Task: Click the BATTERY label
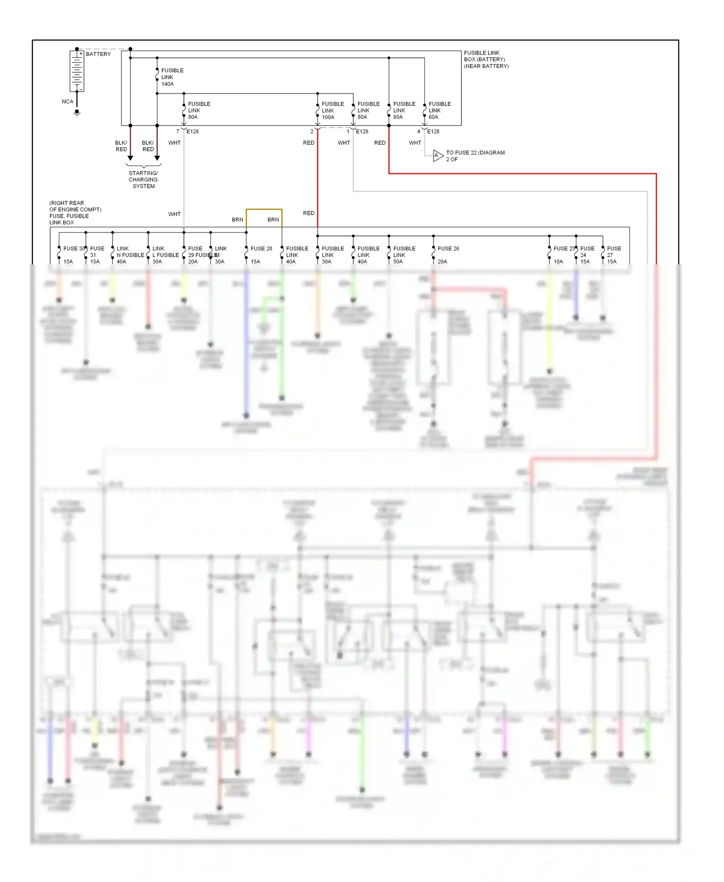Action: pyautogui.click(x=98, y=54)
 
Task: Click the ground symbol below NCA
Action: pyautogui.click(x=77, y=113)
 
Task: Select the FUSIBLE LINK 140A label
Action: pyautogui.click(x=172, y=77)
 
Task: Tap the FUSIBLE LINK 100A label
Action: pyautogui.click(x=333, y=110)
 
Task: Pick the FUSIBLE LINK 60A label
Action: pyautogui.click(x=439, y=110)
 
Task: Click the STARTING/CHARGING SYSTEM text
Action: pyautogui.click(x=143, y=179)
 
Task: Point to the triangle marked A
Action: pyautogui.click(x=437, y=156)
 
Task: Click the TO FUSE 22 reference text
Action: pyautogui.click(x=475, y=156)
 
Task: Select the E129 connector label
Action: pyautogui.click(x=362, y=131)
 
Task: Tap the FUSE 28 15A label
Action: pyautogui.click(x=261, y=254)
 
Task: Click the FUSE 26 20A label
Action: pyautogui.click(x=448, y=254)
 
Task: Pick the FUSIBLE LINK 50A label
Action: pyautogui.click(x=404, y=255)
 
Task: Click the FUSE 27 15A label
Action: pyautogui.click(x=613, y=255)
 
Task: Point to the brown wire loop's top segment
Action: pyautogui.click(x=264, y=209)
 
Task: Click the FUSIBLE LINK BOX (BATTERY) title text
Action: pyautogui.click(x=486, y=59)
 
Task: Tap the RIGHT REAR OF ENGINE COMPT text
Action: pyautogui.click(x=75, y=207)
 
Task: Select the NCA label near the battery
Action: pyautogui.click(x=68, y=102)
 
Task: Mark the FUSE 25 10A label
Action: pyautogui.click(x=563, y=254)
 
